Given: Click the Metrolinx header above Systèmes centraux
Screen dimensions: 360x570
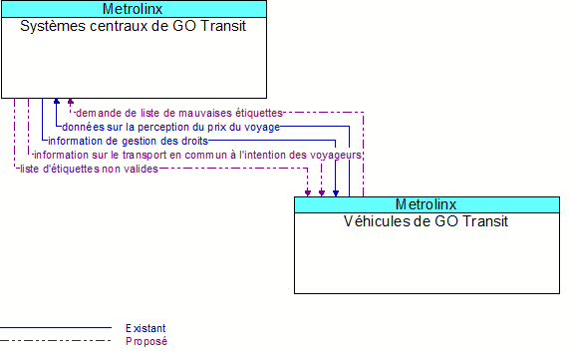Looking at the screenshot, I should click(x=134, y=9).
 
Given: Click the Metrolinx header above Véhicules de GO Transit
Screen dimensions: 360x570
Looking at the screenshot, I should click(x=427, y=204).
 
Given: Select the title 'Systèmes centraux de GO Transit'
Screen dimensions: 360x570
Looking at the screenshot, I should click(x=134, y=26).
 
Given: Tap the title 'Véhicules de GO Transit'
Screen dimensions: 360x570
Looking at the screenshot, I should click(x=427, y=221).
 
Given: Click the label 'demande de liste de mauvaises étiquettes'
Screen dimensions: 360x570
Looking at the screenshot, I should click(x=178, y=113).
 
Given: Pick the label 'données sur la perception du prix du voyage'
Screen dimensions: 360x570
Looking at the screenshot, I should click(x=170, y=127).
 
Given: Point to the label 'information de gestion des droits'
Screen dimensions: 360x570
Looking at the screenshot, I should click(x=128, y=141).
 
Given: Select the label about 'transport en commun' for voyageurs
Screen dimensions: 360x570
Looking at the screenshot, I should click(x=197, y=155).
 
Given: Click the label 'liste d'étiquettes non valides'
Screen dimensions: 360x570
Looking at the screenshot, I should click(x=88, y=169).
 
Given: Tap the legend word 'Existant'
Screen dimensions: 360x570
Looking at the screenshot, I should click(x=145, y=328).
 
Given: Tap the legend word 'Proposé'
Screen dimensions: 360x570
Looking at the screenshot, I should click(x=145, y=341).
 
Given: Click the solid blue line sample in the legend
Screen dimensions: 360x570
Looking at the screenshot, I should click(x=56, y=328).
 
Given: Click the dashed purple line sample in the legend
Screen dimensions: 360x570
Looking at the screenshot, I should click(x=56, y=341).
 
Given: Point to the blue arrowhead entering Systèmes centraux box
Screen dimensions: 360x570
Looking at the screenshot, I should click(x=57, y=102).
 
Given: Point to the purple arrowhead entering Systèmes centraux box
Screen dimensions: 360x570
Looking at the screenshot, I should click(x=70, y=102).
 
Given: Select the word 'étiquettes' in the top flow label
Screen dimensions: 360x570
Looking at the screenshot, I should click(x=258, y=113).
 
